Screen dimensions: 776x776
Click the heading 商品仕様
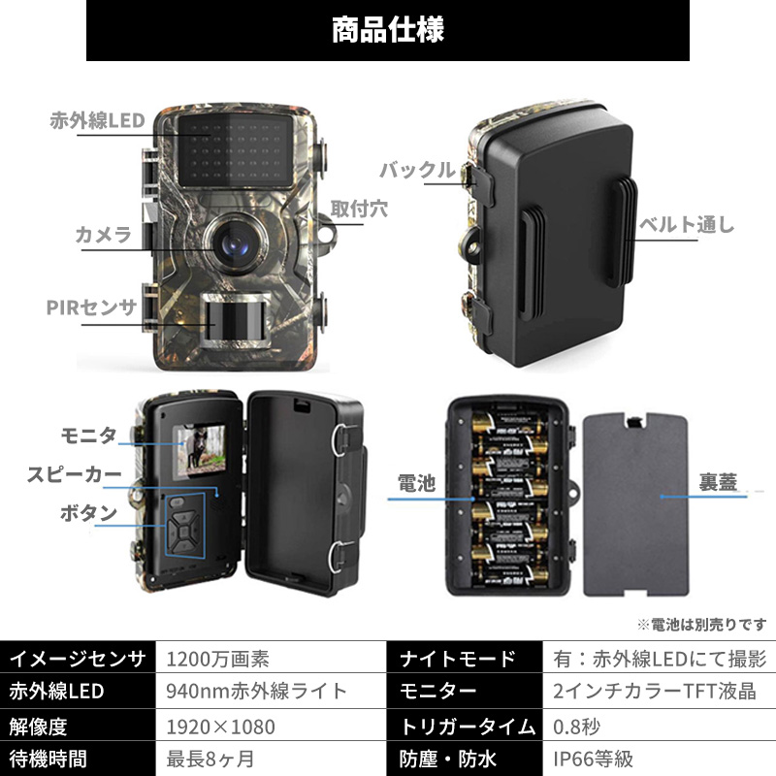388,30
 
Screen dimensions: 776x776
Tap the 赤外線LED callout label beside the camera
97,121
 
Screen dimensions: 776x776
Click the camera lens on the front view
236,237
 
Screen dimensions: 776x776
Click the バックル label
416,172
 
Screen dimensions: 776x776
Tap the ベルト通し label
685,225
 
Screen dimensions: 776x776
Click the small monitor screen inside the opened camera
194,453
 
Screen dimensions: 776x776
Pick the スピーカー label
74,474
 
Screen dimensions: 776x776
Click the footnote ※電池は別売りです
701,625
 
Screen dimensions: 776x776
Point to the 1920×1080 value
221,726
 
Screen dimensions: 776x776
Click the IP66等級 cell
596,759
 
